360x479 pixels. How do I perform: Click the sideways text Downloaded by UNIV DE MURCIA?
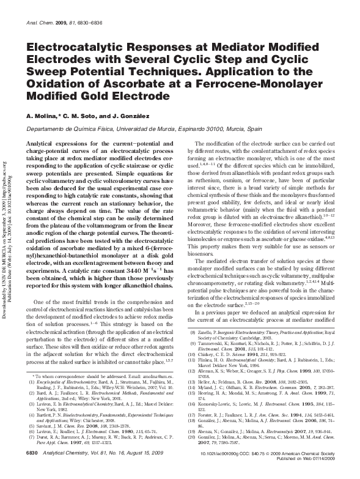6,226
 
